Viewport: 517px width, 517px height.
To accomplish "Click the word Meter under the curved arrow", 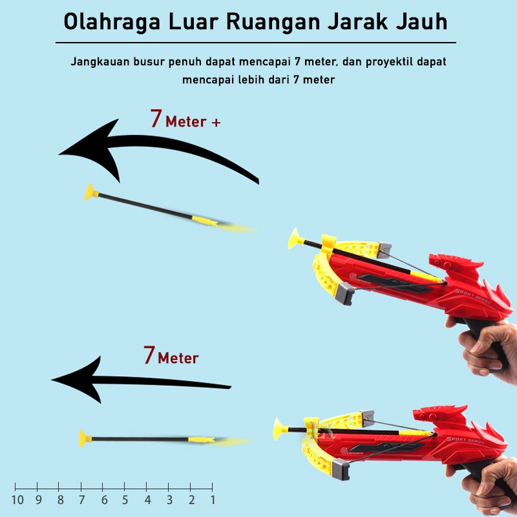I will [x=185, y=121].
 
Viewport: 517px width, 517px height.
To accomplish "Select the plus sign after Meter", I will [x=216, y=121].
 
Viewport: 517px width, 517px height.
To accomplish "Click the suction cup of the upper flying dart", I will [x=90, y=191].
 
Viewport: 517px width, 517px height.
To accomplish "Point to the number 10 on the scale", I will [x=17, y=500].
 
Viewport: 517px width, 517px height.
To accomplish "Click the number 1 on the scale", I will [x=212, y=500].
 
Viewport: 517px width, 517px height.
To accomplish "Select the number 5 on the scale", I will [x=125, y=500].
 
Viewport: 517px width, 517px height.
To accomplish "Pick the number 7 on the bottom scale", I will [x=81, y=500].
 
